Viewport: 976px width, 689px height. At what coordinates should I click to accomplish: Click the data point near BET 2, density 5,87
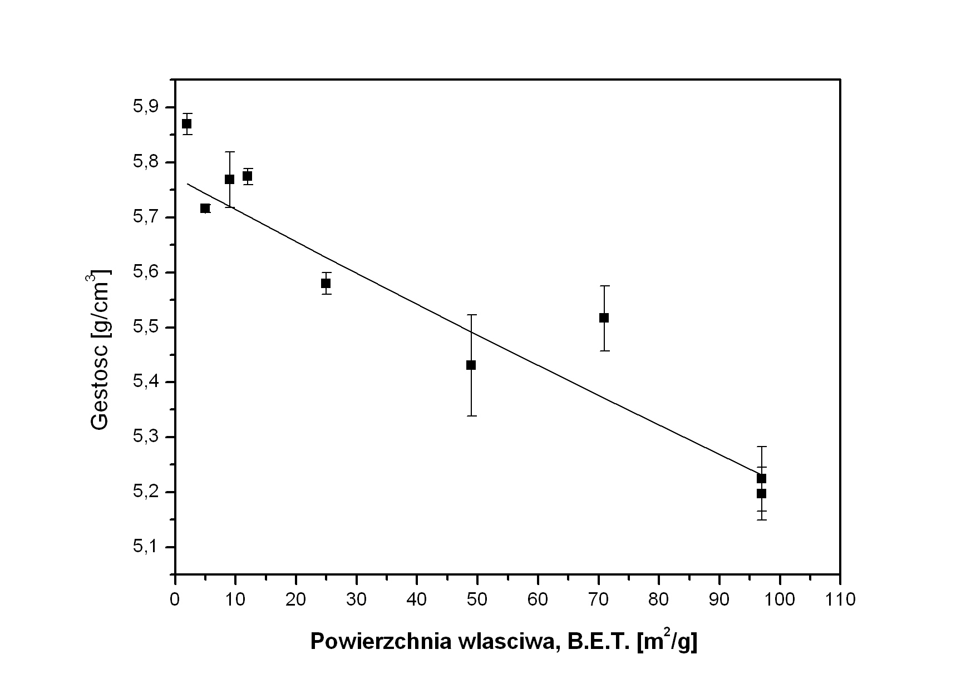(186, 123)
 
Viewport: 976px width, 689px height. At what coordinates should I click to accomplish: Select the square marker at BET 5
(205, 209)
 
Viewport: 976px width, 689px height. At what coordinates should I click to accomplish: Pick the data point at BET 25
(326, 283)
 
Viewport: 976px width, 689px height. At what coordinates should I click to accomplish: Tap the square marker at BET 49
(471, 365)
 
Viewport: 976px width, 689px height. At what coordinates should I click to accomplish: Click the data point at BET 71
(604, 318)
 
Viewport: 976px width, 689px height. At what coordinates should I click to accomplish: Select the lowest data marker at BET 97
(761, 493)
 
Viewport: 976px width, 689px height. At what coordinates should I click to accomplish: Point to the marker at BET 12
(247, 176)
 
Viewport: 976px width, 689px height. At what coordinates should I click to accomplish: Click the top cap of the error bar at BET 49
(471, 315)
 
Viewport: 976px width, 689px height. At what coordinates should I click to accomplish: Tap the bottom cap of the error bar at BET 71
(604, 351)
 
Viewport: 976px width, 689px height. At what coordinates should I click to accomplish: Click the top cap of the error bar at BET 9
(229, 151)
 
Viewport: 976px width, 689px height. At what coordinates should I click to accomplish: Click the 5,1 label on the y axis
(146, 547)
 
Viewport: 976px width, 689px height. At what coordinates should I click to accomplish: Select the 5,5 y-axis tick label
(146, 327)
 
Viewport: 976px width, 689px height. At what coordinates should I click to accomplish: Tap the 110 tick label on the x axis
(840, 600)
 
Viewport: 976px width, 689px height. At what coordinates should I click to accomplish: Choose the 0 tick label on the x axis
(175, 600)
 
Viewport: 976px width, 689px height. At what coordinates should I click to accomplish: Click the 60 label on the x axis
(538, 600)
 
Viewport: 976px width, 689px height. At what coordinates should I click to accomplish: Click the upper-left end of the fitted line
(188, 184)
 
